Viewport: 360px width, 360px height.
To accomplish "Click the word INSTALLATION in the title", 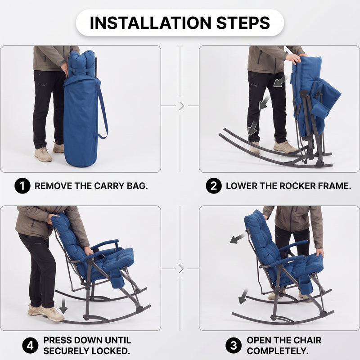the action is pos(150,23).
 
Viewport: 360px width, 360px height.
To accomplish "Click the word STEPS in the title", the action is pos(243,23).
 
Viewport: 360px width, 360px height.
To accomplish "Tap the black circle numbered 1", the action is pos(22,186).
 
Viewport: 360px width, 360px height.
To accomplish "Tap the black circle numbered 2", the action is pos(214,186).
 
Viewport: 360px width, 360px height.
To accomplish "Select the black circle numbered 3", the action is pos(234,345).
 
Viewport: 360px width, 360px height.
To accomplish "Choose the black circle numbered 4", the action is pos(30,345).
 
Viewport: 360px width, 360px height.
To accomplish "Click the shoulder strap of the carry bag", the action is pos(103,112).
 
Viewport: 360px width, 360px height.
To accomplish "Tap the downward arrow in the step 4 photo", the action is pos(63,306).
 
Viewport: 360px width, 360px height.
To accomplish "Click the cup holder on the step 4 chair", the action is pos(117,279).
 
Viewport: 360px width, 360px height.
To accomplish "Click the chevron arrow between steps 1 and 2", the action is pos(181,106).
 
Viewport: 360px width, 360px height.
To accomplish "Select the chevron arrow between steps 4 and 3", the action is pos(181,269).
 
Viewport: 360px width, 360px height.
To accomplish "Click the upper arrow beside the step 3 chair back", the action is pos(238,238).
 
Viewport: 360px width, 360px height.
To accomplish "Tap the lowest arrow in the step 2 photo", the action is pos(252,128).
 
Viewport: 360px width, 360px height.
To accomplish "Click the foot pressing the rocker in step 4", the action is pos(52,313).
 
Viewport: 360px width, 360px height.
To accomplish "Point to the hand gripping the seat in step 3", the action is pos(320,252).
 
